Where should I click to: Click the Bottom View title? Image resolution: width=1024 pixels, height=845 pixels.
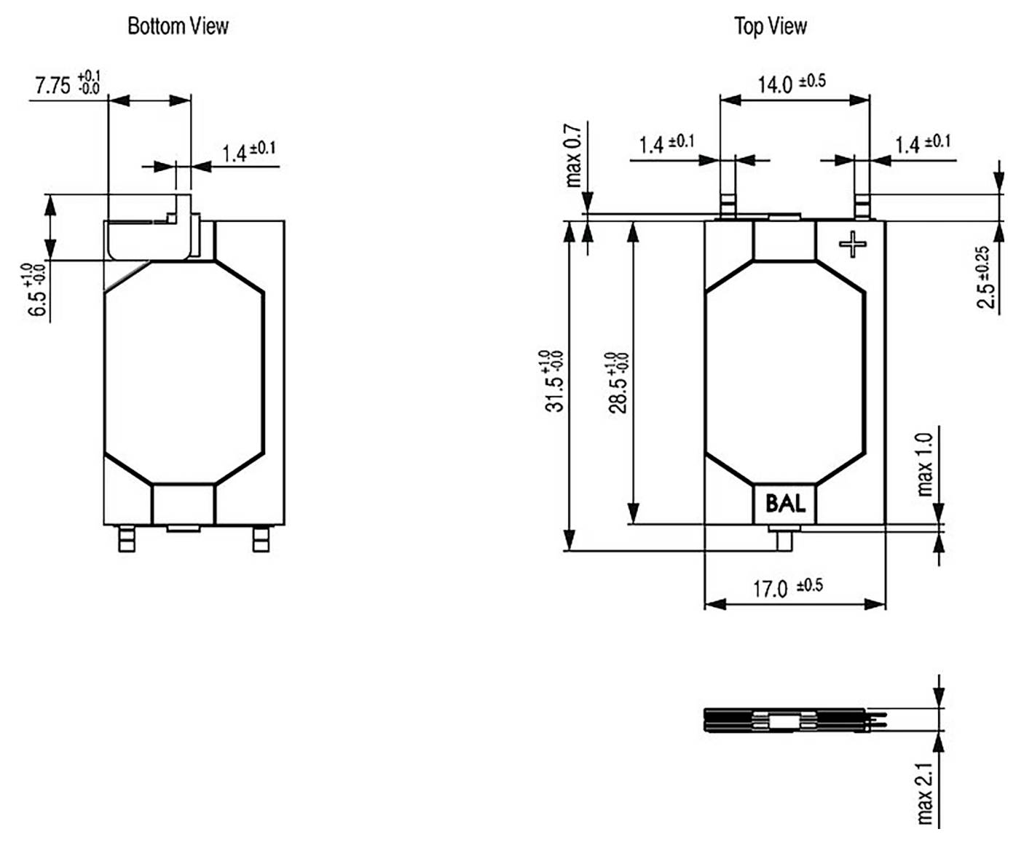click(x=178, y=26)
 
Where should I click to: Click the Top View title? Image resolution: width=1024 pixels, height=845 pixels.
click(x=770, y=26)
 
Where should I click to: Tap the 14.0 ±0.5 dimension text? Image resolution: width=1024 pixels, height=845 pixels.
click(x=791, y=83)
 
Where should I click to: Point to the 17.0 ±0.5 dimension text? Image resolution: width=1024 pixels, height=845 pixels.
click(x=787, y=587)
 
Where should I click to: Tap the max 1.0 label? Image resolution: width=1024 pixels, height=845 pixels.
click(x=924, y=464)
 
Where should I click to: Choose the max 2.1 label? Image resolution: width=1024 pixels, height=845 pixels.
click(x=924, y=793)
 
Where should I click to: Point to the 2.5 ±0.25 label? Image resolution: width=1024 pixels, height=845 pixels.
click(x=985, y=277)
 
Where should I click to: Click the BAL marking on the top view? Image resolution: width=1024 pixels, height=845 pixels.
click(x=784, y=504)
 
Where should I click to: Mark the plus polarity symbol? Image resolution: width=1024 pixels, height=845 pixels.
click(x=852, y=245)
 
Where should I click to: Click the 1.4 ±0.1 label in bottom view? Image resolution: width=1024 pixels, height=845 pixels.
click(x=248, y=151)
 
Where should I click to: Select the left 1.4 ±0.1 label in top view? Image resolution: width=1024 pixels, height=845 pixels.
click(x=666, y=143)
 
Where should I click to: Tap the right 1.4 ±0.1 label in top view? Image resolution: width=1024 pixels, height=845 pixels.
click(x=922, y=143)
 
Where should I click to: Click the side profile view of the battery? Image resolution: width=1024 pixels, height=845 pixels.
click(x=794, y=721)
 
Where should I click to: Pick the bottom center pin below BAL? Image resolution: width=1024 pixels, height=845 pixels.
click(x=784, y=539)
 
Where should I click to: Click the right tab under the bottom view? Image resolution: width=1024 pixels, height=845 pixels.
click(x=260, y=540)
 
